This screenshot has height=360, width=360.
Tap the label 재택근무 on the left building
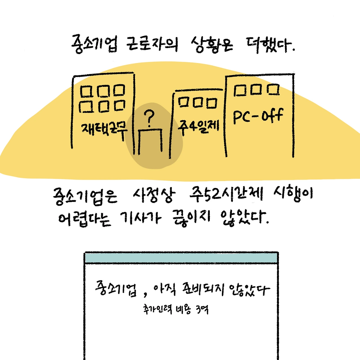[104, 130]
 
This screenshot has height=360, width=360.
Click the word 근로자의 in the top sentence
[152, 44]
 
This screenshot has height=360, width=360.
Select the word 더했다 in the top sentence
[270, 45]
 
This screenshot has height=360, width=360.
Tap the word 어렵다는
[84, 218]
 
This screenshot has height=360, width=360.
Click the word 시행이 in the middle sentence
[292, 194]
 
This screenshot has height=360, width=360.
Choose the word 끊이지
[191, 218]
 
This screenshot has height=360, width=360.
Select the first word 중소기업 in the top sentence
[94, 44]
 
